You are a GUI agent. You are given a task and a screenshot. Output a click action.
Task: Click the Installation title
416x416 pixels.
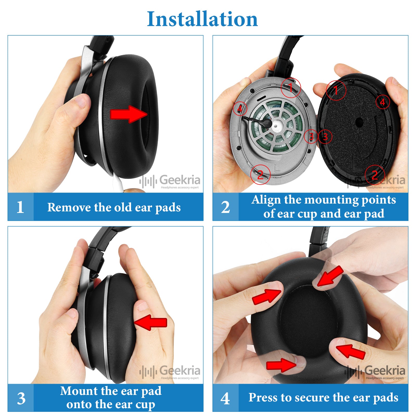tap(202, 19)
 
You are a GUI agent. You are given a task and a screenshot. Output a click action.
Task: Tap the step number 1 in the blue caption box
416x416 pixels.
tap(20, 207)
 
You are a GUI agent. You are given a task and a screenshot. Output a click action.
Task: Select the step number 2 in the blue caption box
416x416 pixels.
tap(225, 207)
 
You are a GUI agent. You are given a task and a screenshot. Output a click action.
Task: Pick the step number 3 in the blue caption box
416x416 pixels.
tap(21, 398)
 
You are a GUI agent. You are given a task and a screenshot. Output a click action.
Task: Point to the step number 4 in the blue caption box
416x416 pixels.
tap(225, 398)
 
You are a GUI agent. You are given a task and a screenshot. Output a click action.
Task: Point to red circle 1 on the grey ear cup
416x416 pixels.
tap(291, 88)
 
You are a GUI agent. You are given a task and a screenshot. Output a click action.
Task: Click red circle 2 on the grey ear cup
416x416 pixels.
tap(261, 174)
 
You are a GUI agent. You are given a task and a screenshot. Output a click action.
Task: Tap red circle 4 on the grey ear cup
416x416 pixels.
tap(240, 108)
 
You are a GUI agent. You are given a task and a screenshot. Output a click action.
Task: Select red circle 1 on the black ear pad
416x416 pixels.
tap(336, 90)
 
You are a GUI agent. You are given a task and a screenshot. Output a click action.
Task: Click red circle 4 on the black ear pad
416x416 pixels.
tap(383, 102)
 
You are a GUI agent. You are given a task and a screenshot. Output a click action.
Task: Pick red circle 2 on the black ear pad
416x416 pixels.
tap(375, 175)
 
